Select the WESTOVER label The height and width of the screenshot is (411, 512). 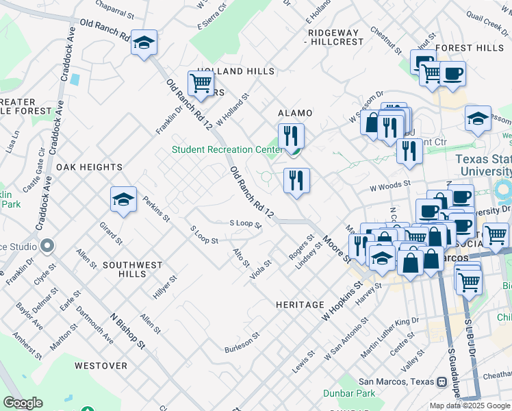pos(101,366)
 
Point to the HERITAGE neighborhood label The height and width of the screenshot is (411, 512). pos(300,304)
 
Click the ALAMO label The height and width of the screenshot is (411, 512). pos(295,113)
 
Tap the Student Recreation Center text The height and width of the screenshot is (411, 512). pos(227,149)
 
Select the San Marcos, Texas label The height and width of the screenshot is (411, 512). pos(398,382)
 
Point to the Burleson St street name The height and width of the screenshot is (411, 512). pos(243,343)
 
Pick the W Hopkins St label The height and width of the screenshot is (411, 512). pos(340,303)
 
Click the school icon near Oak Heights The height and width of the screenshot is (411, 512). pos(123,199)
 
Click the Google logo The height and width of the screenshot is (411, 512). pos(23,403)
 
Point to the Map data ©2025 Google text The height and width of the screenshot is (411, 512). pos(470,406)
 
